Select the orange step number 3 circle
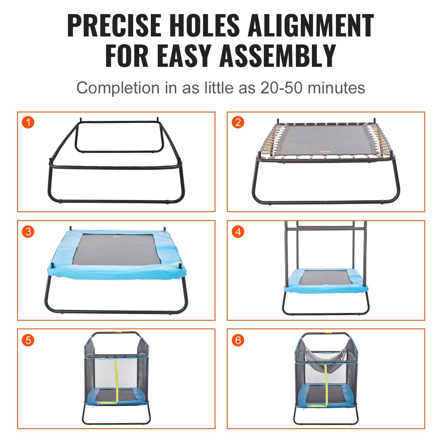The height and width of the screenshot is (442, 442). point(28,231)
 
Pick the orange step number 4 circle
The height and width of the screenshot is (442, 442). point(238,231)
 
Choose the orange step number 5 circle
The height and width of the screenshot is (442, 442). point(28,340)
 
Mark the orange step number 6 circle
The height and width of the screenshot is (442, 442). point(238,340)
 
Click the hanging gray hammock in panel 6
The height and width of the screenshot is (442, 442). point(326,359)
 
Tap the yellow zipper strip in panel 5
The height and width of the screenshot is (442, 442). point(117,381)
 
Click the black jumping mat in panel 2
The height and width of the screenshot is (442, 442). point(326,141)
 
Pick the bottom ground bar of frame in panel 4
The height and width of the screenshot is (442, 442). point(326,314)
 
